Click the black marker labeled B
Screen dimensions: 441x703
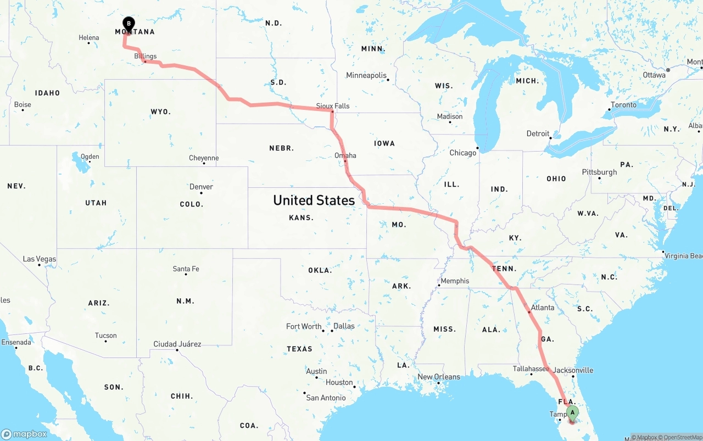click(x=129, y=24)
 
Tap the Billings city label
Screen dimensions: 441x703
click(x=146, y=56)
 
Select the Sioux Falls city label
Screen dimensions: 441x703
click(x=333, y=106)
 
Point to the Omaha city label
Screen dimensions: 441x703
click(x=345, y=155)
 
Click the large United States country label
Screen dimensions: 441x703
click(x=314, y=200)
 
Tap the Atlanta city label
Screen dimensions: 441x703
click(x=543, y=308)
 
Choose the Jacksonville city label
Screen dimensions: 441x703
click(x=573, y=370)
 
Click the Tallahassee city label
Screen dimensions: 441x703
click(x=531, y=369)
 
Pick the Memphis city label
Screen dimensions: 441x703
click(x=455, y=281)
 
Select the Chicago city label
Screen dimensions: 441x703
click(x=463, y=153)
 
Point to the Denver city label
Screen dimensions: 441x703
click(x=201, y=187)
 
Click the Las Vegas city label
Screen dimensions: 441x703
click(x=40, y=259)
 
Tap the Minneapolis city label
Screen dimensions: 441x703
click(x=366, y=75)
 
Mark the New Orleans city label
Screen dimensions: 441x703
click(x=439, y=377)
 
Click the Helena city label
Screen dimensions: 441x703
click(x=89, y=38)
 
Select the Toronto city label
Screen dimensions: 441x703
click(x=623, y=105)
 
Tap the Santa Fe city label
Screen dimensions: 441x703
click(x=186, y=269)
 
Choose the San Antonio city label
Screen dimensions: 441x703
click(x=326, y=398)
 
